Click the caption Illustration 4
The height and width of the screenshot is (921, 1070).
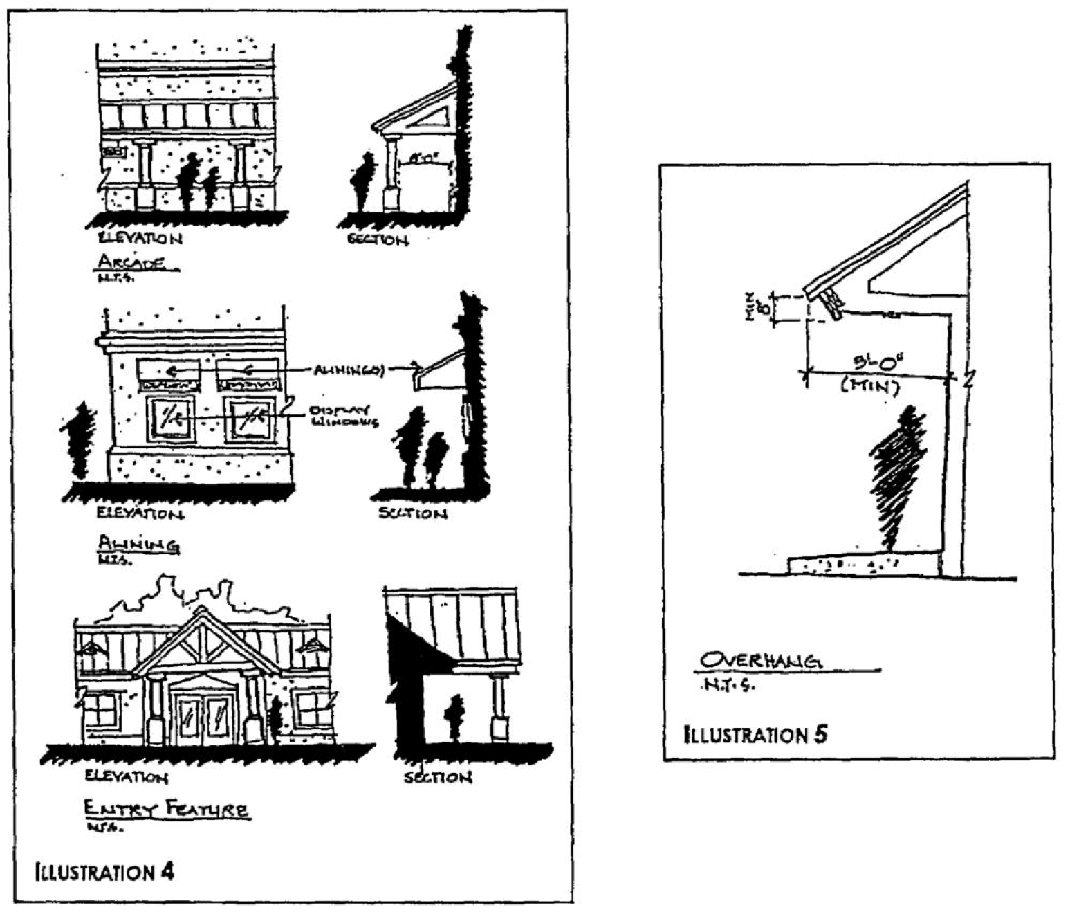[x=104, y=871]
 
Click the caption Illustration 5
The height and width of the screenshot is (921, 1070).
[x=755, y=734]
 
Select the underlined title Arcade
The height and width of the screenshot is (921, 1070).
[x=132, y=263]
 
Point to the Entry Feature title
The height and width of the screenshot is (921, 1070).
[x=166, y=809]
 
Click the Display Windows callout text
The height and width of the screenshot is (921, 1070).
[x=344, y=415]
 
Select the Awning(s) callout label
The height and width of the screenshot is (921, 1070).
[x=349, y=370]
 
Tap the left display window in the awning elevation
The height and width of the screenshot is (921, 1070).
[x=169, y=418]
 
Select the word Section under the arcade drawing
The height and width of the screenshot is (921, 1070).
[x=378, y=239]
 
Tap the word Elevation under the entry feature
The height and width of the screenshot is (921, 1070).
[x=127, y=777]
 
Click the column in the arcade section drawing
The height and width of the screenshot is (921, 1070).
[x=393, y=173]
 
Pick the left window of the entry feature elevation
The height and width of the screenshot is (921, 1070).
[x=100, y=711]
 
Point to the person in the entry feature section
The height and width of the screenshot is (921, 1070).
[x=455, y=716]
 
